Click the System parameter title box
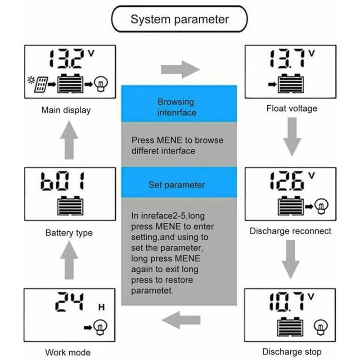[x=180, y=20]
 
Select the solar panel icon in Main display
[x=41, y=84]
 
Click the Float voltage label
[x=292, y=108]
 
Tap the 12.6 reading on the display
[x=285, y=181]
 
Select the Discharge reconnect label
[x=290, y=231]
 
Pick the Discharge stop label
[x=292, y=351]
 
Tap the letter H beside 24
[x=102, y=308]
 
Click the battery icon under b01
[x=69, y=207]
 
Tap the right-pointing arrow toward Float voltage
[x=180, y=70]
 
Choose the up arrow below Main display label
[x=69, y=141]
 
